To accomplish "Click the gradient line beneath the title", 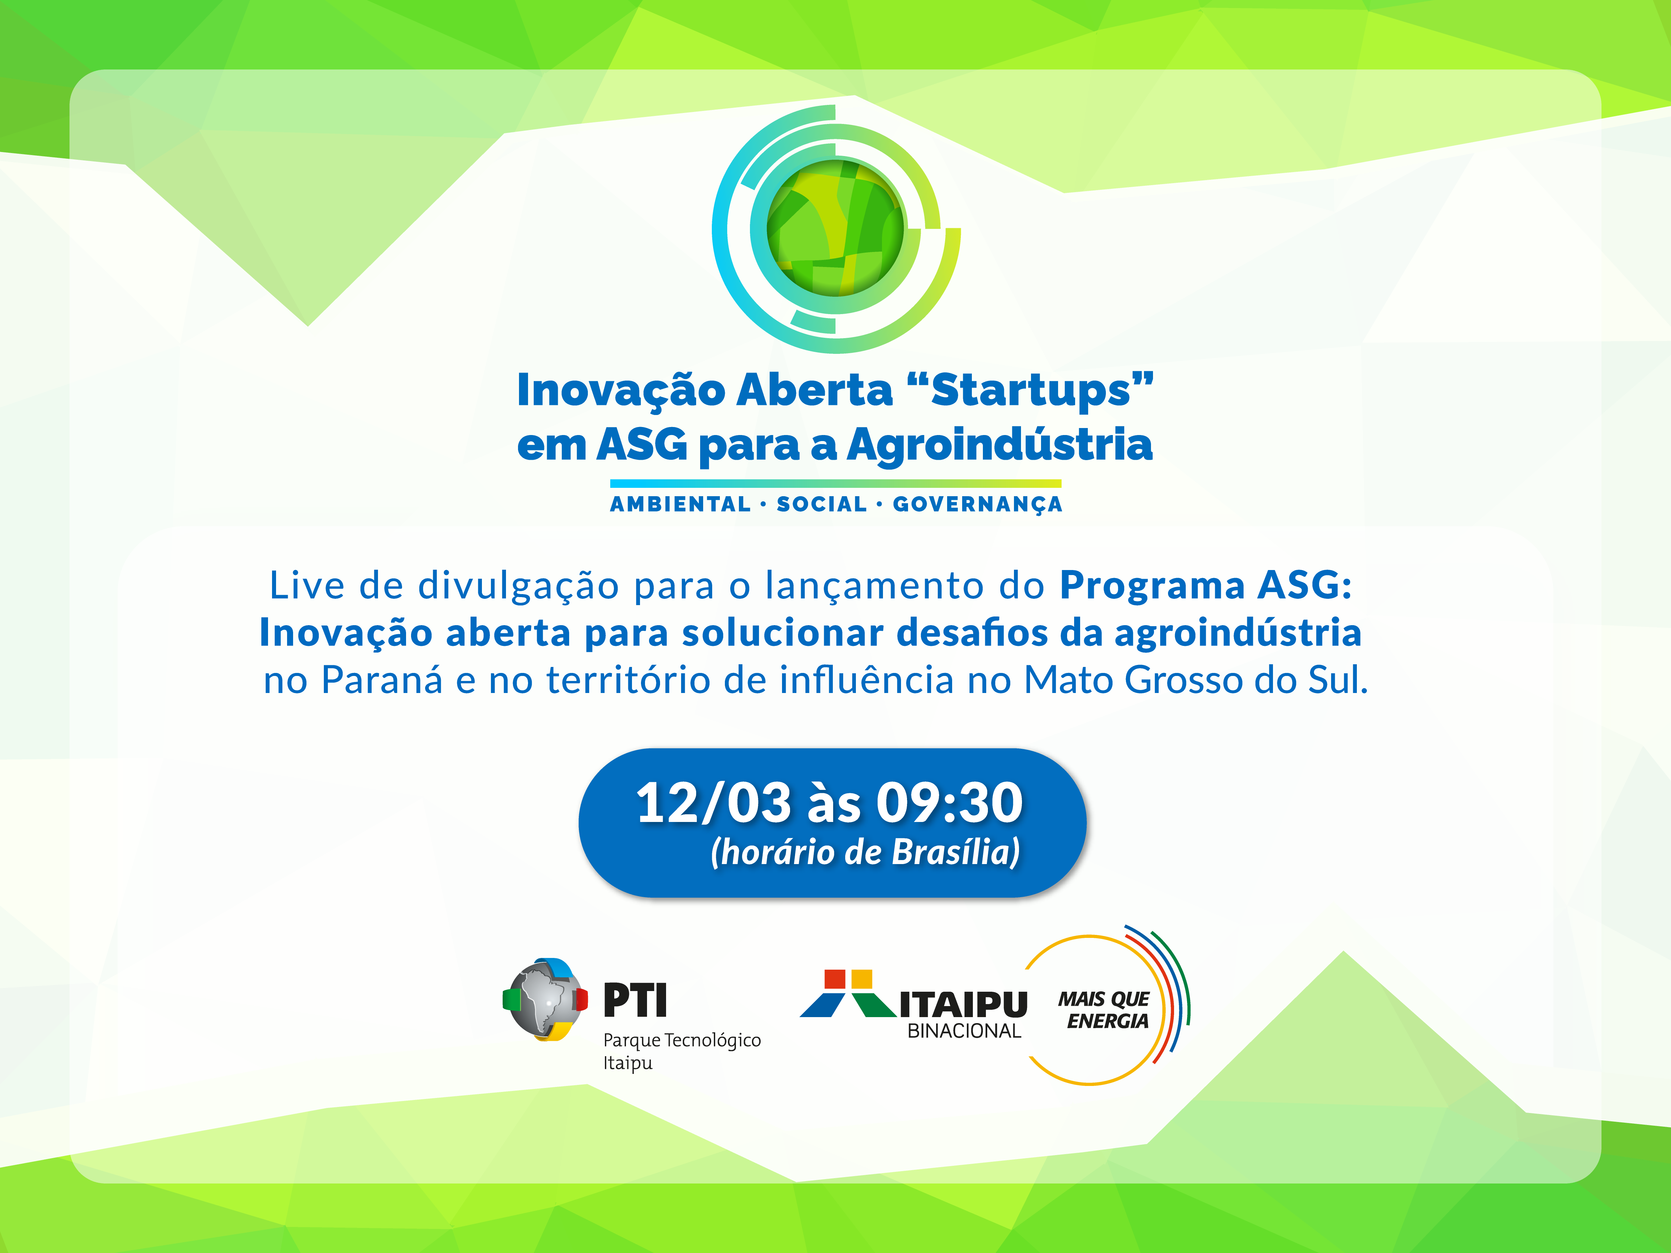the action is pyautogui.click(x=835, y=483).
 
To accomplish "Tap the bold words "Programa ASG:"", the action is pyautogui.click(x=1206, y=585).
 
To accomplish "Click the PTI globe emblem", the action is pyautogui.click(x=545, y=1000).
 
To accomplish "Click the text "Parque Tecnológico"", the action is pyautogui.click(x=681, y=1041).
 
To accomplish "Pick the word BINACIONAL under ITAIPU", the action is pyautogui.click(x=964, y=1031).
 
